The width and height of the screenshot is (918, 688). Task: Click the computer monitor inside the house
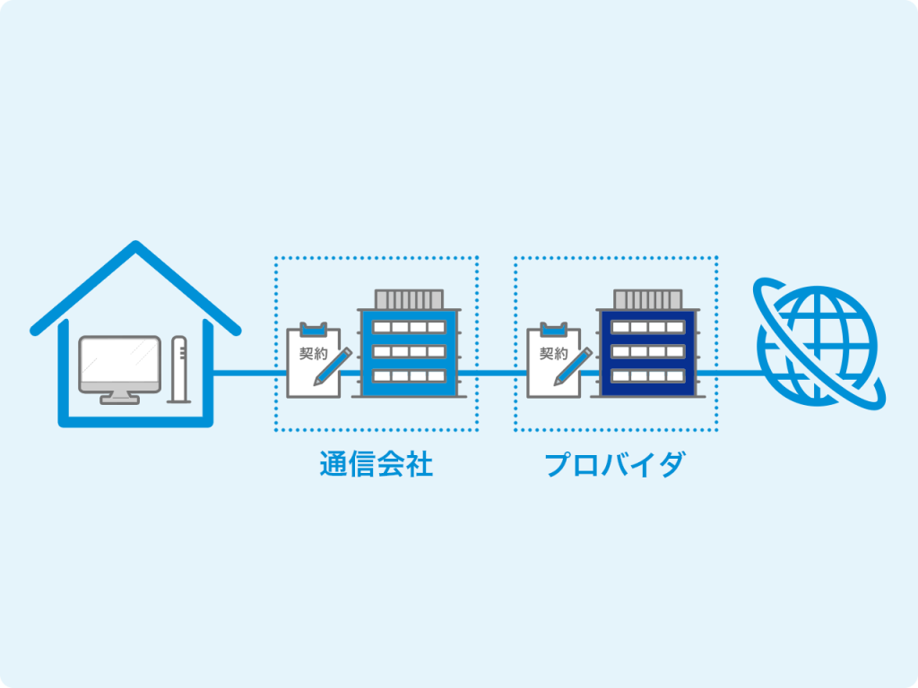click(x=119, y=364)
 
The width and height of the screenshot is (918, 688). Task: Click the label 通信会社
click(x=376, y=465)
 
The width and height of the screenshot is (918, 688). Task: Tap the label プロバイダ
click(x=615, y=465)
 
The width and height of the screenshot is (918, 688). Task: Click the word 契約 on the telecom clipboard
click(x=313, y=353)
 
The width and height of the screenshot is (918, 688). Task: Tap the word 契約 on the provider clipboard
click(x=553, y=353)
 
